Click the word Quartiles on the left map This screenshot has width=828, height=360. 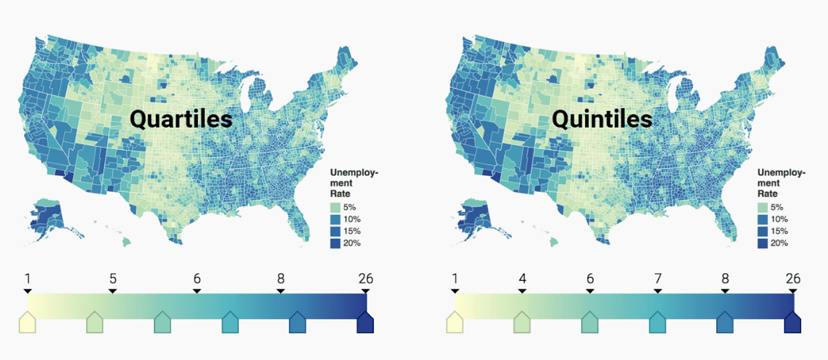click(x=181, y=120)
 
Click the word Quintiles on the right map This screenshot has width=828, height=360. click(x=602, y=120)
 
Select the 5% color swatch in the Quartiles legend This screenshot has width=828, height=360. click(x=336, y=207)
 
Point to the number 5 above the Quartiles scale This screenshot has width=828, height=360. click(x=112, y=279)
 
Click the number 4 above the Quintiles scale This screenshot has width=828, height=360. click(x=522, y=279)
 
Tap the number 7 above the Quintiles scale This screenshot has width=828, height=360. click(x=658, y=279)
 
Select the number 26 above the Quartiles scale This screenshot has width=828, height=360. click(x=366, y=279)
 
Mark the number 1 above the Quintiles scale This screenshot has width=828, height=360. click(x=454, y=279)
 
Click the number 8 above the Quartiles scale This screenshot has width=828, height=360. click(x=281, y=279)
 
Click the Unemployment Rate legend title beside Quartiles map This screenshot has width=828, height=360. click(x=354, y=182)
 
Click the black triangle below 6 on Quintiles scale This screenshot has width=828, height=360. click(x=590, y=291)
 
